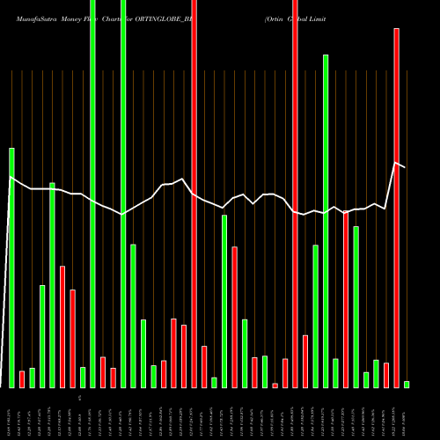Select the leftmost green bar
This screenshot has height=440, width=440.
pyautogui.click(x=12, y=268)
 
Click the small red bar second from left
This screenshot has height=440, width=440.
pyautogui.click(x=22, y=379)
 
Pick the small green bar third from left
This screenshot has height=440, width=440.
pyautogui.click(x=33, y=378)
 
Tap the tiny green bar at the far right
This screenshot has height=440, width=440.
pyautogui.click(x=407, y=384)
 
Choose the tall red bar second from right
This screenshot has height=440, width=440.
pyautogui.click(x=396, y=208)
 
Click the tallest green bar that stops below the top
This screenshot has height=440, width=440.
pyautogui.click(x=326, y=220)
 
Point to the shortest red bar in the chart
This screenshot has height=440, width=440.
pyautogui.click(x=275, y=385)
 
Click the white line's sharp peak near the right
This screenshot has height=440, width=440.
pyautogui.click(x=396, y=163)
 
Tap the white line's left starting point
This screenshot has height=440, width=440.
pyautogui.click(x=11, y=178)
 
